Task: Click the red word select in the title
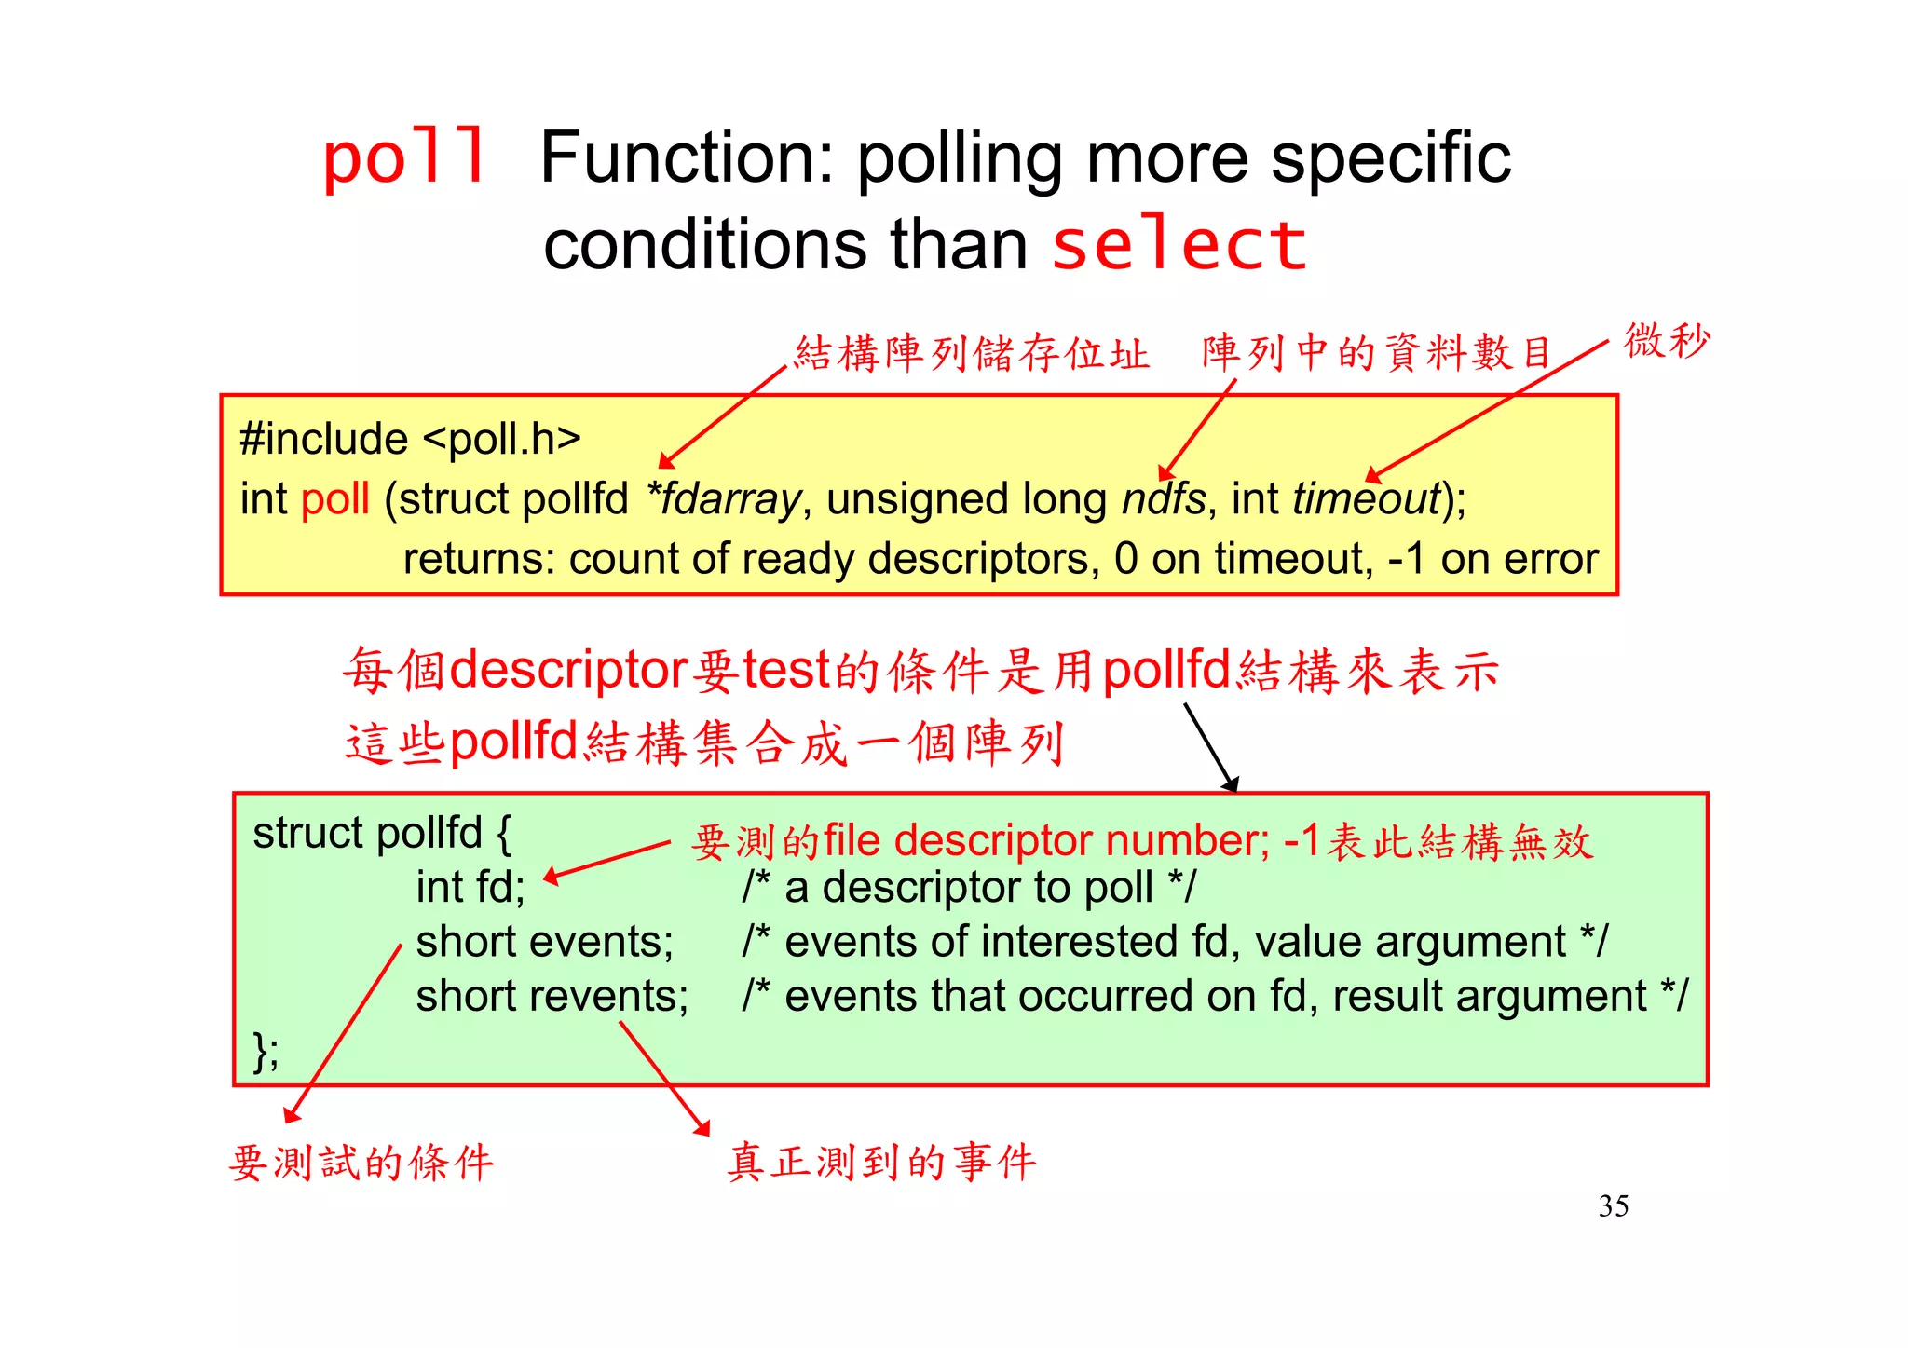pyautogui.click(x=1179, y=244)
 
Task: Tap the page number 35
pyautogui.click(x=1613, y=1205)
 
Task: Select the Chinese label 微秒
pyautogui.click(x=1666, y=341)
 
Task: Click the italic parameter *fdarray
pyautogui.click(x=723, y=499)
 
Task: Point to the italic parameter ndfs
pyautogui.click(x=1164, y=499)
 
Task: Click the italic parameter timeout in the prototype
pyautogui.click(x=1366, y=499)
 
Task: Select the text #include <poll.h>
pyautogui.click(x=410, y=440)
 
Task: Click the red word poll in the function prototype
pyautogui.click(x=335, y=499)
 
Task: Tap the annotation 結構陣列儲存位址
pyautogui.click(x=972, y=354)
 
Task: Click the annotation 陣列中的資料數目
pyautogui.click(x=1376, y=354)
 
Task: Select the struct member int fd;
pyautogui.click(x=470, y=887)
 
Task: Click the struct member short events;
pyautogui.click(x=544, y=942)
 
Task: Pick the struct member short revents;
pyautogui.click(x=552, y=996)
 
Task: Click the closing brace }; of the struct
pyautogui.click(x=266, y=1051)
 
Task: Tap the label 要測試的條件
pyautogui.click(x=361, y=1164)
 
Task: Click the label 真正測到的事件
pyautogui.click(x=881, y=1163)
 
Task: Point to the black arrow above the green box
pyautogui.click(x=1210, y=746)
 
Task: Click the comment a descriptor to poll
pyautogui.click(x=969, y=887)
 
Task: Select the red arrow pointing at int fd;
pyautogui.click(x=606, y=860)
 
